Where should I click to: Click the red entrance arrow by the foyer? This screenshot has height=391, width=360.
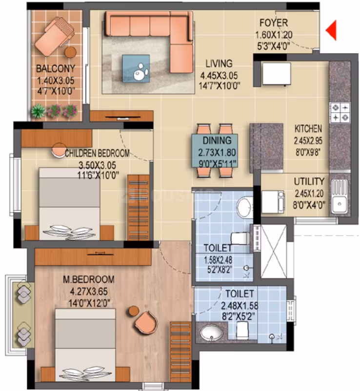(x=332, y=30)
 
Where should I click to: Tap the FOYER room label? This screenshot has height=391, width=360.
(x=274, y=23)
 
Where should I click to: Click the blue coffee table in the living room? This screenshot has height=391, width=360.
(x=136, y=69)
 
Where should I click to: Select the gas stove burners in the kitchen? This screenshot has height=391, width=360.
(x=340, y=113)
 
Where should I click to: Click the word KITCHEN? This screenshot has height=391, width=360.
(x=308, y=129)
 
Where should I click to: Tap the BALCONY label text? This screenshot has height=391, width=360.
(x=56, y=69)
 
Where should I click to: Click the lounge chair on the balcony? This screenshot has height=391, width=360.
(x=55, y=36)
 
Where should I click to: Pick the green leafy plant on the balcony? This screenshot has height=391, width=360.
(x=39, y=111)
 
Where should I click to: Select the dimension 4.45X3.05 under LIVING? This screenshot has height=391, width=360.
(x=219, y=75)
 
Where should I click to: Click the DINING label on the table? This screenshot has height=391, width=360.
(x=217, y=140)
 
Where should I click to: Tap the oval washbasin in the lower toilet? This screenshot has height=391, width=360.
(x=212, y=333)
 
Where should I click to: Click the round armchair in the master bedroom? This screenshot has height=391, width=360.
(x=146, y=322)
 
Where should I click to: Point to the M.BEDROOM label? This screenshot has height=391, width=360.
(x=89, y=279)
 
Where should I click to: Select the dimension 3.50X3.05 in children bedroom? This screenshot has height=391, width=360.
(x=97, y=165)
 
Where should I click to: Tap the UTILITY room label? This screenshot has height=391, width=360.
(x=309, y=181)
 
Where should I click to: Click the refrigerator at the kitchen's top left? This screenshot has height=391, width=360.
(x=277, y=74)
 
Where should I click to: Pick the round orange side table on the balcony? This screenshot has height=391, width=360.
(x=71, y=52)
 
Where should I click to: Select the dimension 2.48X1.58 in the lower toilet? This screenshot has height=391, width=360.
(x=240, y=306)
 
